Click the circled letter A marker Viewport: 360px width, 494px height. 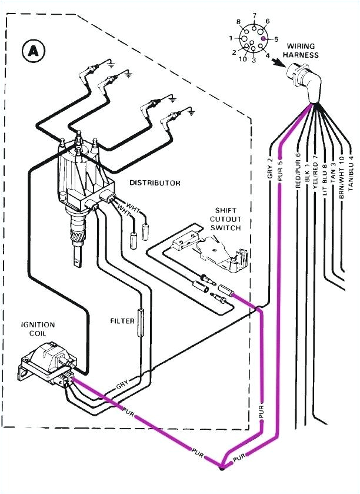(x=32, y=51)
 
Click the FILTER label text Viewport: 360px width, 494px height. (x=122, y=321)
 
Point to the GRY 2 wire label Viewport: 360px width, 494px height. (x=269, y=168)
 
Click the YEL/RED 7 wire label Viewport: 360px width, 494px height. (x=315, y=171)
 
